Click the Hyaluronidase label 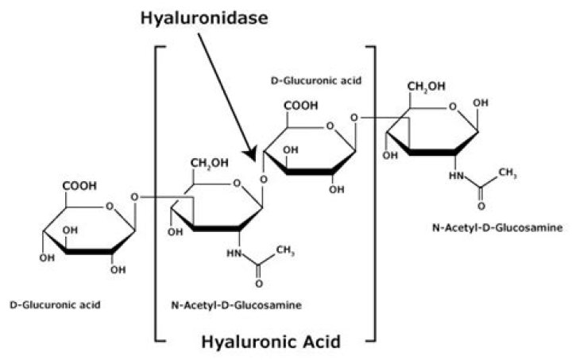tap(204, 18)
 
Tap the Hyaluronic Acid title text tap(271, 342)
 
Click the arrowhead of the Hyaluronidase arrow tap(252, 153)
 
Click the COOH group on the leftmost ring tap(79, 186)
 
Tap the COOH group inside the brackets tap(301, 106)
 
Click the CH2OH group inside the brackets tap(210, 163)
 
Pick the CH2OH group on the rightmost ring tap(427, 87)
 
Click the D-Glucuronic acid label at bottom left tap(55, 304)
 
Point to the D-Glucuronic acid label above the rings tap(316, 80)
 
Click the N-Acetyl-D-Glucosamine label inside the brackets tap(237, 305)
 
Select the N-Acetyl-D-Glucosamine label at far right tap(497, 228)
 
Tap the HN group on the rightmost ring tap(457, 176)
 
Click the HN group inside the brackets tap(234, 254)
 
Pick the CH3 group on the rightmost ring tap(508, 172)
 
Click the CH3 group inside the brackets tap(286, 250)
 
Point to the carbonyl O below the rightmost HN tap(481, 207)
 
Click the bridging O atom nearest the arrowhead tap(263, 180)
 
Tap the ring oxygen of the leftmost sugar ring tap(109, 207)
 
